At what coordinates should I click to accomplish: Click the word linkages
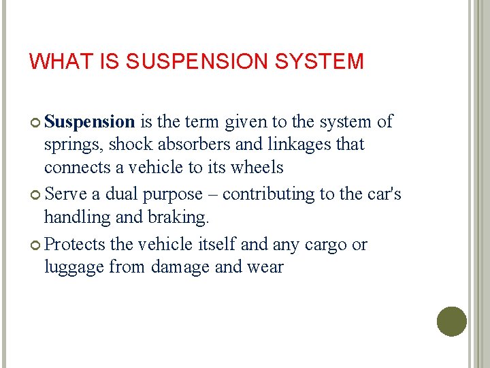(299, 144)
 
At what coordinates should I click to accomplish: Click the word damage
(180, 267)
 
